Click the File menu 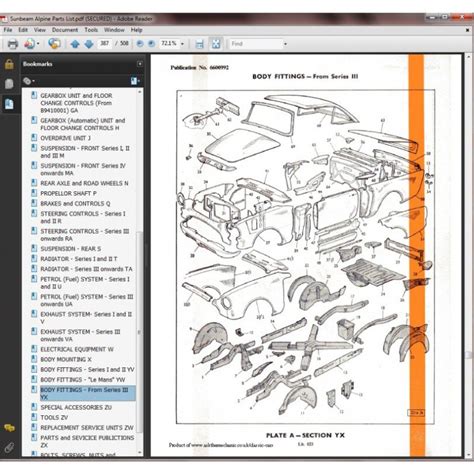[9, 30]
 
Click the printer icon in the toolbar [13, 44]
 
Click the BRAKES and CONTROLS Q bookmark [75, 203]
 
